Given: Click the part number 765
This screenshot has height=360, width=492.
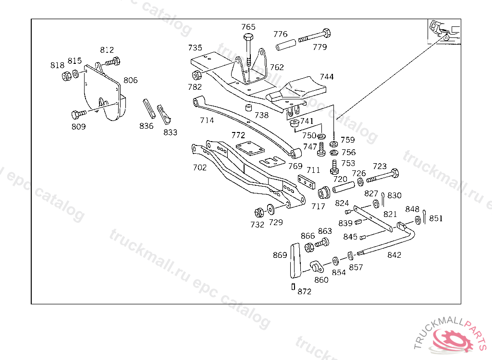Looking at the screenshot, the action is click(248, 27).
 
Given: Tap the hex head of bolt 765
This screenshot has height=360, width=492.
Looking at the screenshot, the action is click(249, 36).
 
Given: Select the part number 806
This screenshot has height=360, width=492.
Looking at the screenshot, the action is click(131, 80).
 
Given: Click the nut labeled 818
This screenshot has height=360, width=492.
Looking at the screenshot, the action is click(66, 76).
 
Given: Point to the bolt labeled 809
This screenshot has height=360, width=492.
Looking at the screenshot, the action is click(79, 114).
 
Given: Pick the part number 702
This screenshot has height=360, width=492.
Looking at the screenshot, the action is click(200, 168).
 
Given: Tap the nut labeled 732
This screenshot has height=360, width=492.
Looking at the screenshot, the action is click(259, 213).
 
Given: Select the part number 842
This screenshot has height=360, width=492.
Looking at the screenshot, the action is click(394, 255).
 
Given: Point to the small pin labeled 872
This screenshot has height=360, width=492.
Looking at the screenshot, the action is click(294, 287).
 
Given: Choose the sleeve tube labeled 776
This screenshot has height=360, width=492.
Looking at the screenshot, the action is click(286, 45).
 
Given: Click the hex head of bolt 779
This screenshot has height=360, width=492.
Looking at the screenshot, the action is click(326, 33).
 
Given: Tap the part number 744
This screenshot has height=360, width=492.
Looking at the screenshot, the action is click(327, 77).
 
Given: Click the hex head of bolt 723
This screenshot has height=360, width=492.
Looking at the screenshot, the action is click(394, 173).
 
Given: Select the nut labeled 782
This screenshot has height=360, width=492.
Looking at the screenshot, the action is click(197, 75).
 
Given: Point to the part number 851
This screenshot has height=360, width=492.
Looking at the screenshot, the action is click(436, 218).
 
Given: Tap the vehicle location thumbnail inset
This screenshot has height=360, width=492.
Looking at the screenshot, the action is click(444, 32).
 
